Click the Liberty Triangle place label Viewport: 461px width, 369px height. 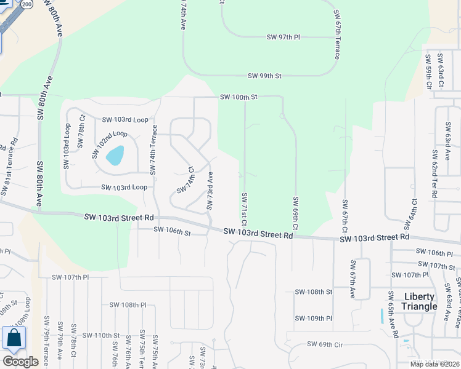coord(420,301)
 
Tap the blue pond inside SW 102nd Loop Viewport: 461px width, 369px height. coord(115,155)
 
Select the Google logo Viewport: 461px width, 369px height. coord(20,362)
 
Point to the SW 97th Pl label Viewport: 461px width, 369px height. coord(283,38)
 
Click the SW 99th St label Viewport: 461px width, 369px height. coord(264,76)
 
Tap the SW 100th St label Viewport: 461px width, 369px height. coord(239,97)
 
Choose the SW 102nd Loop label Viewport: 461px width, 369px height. coord(111,142)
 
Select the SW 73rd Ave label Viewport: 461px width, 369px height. coord(210,190)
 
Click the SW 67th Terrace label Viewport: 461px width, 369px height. coord(337,34)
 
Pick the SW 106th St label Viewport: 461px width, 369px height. coord(173,232)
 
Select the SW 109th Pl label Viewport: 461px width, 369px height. coord(314,318)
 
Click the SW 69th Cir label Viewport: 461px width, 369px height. coord(325,344)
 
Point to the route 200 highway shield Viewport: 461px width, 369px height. coord(26,4)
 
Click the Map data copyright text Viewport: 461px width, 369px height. coord(434,364)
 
